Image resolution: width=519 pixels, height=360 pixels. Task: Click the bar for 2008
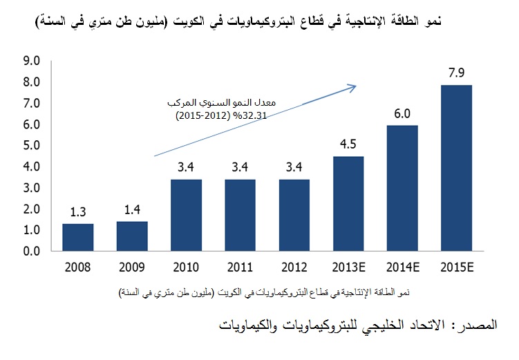pyautogui.click(x=78, y=237)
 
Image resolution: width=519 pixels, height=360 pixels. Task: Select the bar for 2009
pyautogui.click(x=132, y=236)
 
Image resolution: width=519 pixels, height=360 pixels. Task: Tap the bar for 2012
pyautogui.click(x=294, y=215)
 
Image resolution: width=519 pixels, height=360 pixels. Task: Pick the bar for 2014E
pyautogui.click(x=402, y=188)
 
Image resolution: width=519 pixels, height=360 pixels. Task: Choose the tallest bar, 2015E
pyautogui.click(x=456, y=168)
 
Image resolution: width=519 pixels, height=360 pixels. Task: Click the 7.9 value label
pyautogui.click(x=456, y=73)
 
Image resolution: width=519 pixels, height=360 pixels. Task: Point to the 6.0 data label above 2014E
pyautogui.click(x=402, y=113)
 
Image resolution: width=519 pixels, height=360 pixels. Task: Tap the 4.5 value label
pyautogui.click(x=348, y=144)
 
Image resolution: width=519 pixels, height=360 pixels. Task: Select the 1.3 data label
pyautogui.click(x=78, y=211)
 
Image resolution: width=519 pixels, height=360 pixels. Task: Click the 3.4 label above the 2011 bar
pyautogui.click(x=240, y=167)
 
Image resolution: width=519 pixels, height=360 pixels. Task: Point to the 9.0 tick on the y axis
pyautogui.click(x=32, y=61)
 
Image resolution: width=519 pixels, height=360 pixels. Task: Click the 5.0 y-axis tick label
pyautogui.click(x=32, y=145)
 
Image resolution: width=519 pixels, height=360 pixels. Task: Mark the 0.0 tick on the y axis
pyautogui.click(x=32, y=251)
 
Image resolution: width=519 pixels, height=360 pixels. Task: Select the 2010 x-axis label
pyautogui.click(x=186, y=267)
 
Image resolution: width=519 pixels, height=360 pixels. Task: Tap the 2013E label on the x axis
pyautogui.click(x=348, y=267)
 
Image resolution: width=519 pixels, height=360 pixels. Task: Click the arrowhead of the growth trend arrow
pyautogui.click(x=354, y=87)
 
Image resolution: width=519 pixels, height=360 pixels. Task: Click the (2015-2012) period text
pyautogui.click(x=203, y=116)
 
